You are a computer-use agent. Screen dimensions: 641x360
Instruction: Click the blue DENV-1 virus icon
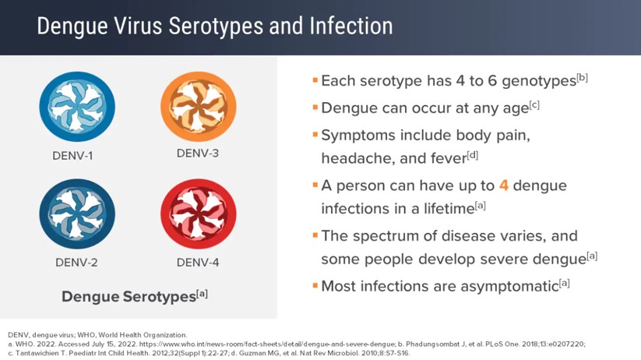click(x=77, y=107)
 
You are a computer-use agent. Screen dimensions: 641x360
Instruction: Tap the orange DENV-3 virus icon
click(x=199, y=107)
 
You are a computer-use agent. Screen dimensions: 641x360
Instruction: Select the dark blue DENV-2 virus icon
click(x=77, y=214)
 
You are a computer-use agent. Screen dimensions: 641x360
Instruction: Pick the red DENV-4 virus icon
click(x=199, y=214)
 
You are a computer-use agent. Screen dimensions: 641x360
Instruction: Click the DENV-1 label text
click(x=72, y=156)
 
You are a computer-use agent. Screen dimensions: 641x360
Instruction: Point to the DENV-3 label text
click(x=198, y=154)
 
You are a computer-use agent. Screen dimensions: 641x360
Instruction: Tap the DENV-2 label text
click(x=76, y=263)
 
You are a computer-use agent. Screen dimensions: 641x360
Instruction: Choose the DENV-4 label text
click(x=198, y=263)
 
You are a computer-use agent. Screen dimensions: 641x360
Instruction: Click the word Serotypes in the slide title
click(x=216, y=27)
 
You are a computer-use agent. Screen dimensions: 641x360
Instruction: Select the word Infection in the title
click(x=351, y=26)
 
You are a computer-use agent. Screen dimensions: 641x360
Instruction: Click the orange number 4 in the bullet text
click(x=504, y=185)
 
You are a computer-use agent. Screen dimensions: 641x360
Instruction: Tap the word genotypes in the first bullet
click(x=539, y=82)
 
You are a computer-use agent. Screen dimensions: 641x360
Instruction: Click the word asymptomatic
click(x=509, y=287)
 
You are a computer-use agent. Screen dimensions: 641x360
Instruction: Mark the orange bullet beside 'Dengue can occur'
click(x=315, y=108)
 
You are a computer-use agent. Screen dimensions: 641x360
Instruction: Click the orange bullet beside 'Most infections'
click(x=315, y=285)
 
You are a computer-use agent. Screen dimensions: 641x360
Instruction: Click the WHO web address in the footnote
click(x=267, y=344)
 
